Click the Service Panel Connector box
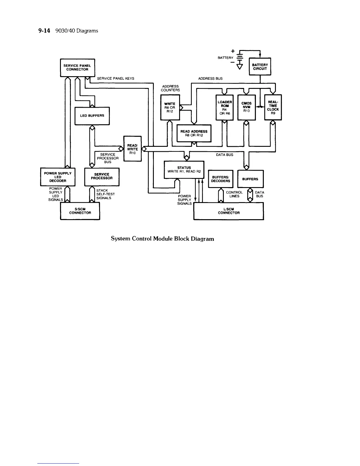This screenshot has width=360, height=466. pos(77,68)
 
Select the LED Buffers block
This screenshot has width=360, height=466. pos(92,116)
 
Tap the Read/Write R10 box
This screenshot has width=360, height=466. pos(132,149)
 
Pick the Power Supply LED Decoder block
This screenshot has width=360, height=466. pos(58,177)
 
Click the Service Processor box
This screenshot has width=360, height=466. pos(102,177)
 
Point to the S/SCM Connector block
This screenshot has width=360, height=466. pos(80,211)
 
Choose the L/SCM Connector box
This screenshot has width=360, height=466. pos(229,211)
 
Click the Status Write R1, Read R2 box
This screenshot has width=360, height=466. pos(184,169)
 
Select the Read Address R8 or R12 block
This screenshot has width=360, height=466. pos(194,133)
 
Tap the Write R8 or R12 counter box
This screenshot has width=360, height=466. pos(170,107)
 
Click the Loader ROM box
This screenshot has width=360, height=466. pos(225,107)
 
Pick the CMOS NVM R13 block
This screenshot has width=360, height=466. pos(246,107)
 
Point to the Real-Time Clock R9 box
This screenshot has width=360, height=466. pos(273,107)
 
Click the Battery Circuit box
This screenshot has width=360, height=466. pos(260,67)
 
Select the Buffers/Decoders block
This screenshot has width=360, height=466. pos(221,179)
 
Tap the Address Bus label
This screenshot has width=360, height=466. pos(210,79)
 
